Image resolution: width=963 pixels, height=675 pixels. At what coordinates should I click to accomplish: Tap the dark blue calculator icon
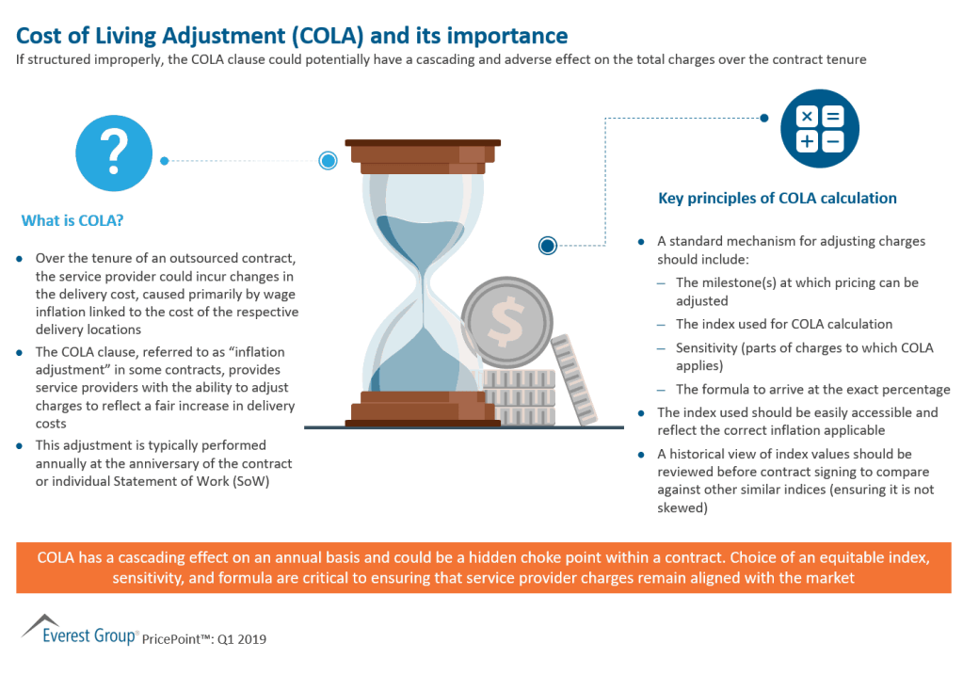(x=820, y=129)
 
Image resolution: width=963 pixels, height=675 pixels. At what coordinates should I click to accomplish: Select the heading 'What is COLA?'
(x=72, y=221)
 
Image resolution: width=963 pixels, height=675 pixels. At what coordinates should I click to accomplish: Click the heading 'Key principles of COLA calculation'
(x=777, y=199)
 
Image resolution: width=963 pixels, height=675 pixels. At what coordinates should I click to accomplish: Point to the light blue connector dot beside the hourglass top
(x=329, y=161)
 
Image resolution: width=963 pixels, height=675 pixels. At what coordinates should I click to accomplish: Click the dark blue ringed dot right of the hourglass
(x=548, y=246)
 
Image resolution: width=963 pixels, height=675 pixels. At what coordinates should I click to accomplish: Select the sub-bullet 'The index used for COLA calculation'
(x=784, y=324)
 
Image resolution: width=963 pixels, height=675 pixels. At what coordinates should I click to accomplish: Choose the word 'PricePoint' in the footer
(x=178, y=639)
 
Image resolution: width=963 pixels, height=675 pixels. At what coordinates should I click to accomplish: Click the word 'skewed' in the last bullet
(x=681, y=507)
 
